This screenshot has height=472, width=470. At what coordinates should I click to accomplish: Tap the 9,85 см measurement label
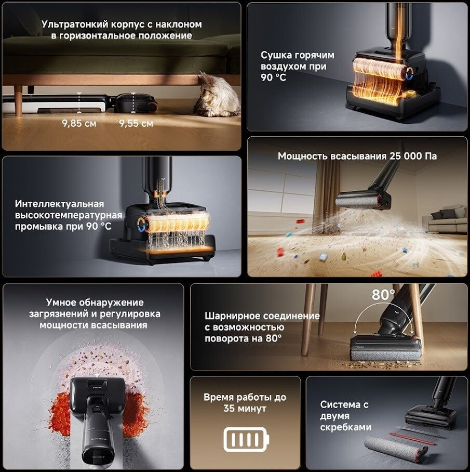[x=79, y=123]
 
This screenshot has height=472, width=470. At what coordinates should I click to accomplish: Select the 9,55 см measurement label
[x=136, y=123]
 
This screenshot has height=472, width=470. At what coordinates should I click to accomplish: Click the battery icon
[x=246, y=440]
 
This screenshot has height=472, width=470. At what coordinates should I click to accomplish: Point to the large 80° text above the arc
[x=383, y=295]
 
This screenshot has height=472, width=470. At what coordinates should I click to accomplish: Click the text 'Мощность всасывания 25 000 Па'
[x=357, y=156]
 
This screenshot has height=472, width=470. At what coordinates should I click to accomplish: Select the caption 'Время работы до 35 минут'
[x=245, y=403]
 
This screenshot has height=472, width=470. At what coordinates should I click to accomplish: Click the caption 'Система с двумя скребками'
[x=345, y=416]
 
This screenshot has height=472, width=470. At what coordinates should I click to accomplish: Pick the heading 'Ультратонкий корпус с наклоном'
[x=122, y=24]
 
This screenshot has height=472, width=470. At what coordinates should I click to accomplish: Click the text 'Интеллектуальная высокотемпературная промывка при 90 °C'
[x=69, y=215]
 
